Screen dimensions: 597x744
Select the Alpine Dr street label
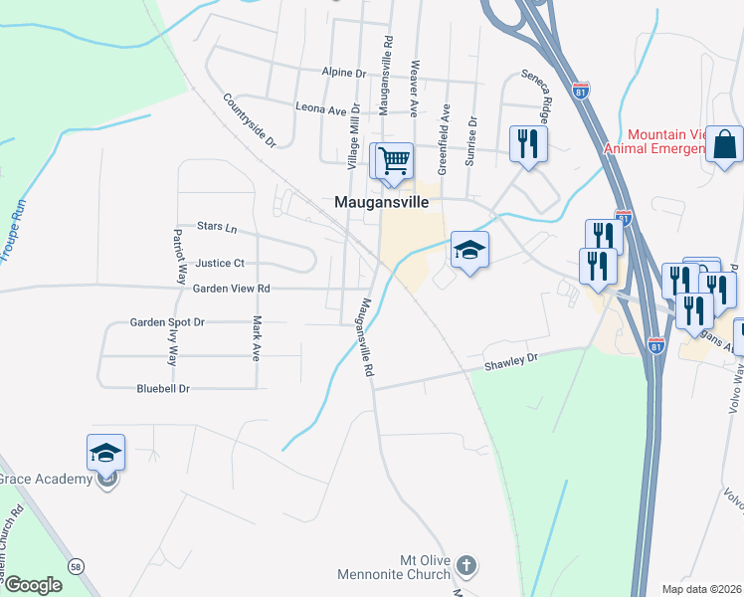[344, 73]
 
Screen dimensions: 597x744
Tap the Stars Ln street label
[217, 228]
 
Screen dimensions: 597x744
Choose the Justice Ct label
[220, 264]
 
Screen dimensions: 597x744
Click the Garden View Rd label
[232, 289]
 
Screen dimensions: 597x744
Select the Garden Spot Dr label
[167, 322]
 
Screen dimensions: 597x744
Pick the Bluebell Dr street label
[162, 388]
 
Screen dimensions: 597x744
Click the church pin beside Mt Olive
[466, 567]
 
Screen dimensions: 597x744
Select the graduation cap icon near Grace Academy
[105, 453]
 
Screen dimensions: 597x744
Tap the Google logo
[33, 585]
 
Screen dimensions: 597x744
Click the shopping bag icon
[725, 144]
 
